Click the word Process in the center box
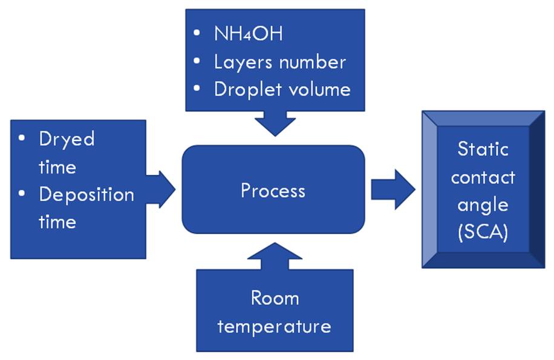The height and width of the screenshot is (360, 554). tap(273, 191)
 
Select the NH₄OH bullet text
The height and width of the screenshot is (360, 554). tap(248, 33)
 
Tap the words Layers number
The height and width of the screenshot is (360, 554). tap(279, 62)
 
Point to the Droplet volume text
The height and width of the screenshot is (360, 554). tap(282, 90)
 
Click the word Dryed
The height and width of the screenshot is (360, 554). tap(67, 139)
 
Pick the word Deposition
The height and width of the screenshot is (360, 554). tap(86, 194)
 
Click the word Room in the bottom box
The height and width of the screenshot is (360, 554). tap(275, 298)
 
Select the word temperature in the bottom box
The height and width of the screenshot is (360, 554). tap(274, 326)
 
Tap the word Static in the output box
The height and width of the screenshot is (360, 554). tap(483, 149)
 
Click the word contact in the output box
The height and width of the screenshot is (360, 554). tap(483, 177)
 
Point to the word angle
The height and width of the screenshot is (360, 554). tap(483, 205)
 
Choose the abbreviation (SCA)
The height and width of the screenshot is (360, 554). tap(483, 232)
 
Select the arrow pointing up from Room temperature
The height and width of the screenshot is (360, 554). tap(275, 257)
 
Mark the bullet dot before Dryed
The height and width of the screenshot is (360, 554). tap(22, 139)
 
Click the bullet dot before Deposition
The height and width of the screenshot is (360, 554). tap(22, 194)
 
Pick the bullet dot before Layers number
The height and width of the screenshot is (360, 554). tap(197, 61)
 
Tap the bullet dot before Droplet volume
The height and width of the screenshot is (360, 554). tap(197, 89)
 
